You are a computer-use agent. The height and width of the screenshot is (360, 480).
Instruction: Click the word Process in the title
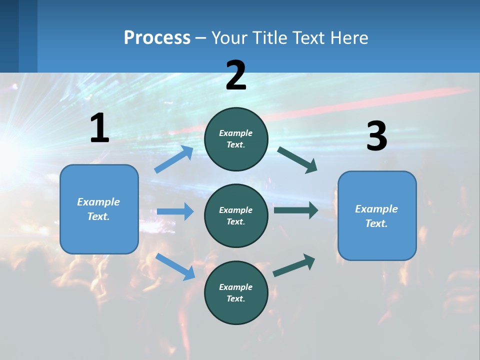pyautogui.click(x=157, y=38)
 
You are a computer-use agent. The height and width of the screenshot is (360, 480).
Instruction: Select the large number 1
pyautogui.click(x=99, y=128)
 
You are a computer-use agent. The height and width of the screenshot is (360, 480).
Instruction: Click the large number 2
pyautogui.click(x=236, y=75)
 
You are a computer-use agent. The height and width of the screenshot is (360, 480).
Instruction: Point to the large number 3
pyautogui.click(x=376, y=137)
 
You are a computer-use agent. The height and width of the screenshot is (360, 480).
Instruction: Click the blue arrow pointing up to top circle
pyautogui.click(x=174, y=159)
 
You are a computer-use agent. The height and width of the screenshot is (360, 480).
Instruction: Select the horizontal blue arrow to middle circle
pyautogui.click(x=175, y=211)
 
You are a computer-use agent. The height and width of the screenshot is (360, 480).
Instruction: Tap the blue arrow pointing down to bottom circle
pyautogui.click(x=175, y=266)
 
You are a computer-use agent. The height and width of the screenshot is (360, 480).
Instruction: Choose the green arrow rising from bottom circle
pyautogui.click(x=294, y=265)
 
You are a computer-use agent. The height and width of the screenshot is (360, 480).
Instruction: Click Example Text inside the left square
pyautogui.click(x=98, y=209)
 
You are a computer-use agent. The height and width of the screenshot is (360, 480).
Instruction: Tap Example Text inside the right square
pyautogui.click(x=376, y=216)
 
